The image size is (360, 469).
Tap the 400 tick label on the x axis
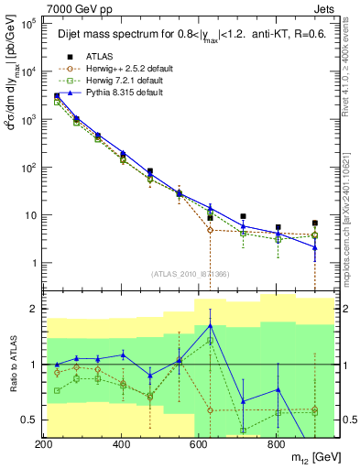pos(122,443)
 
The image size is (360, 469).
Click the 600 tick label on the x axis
pos(199,443)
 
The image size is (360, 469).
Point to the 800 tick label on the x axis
pos(276,443)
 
